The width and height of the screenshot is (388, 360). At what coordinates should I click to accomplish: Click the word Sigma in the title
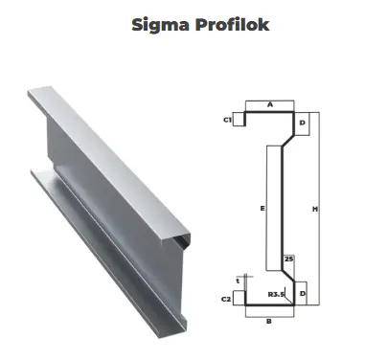coord(160,25)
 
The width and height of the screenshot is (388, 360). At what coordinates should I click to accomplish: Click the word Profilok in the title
coord(233,24)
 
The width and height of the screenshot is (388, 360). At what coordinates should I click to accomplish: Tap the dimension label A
coord(270,104)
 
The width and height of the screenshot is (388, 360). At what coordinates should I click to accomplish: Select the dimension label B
coord(269,321)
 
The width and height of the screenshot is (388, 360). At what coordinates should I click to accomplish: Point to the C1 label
coord(227,120)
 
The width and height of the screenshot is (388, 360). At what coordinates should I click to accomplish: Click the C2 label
coord(226,299)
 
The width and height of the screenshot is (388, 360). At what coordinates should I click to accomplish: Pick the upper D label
coord(303,123)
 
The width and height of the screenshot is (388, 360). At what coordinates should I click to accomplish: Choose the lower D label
coord(303,293)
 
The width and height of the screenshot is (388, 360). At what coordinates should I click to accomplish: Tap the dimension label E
coord(262,209)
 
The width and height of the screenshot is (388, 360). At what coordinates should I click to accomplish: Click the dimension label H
coord(315,209)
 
